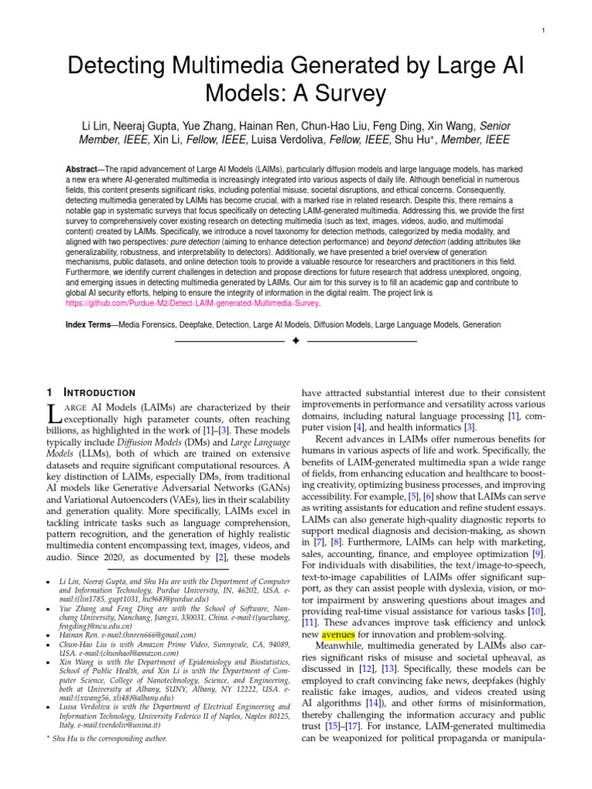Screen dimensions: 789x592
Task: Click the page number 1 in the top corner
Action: coord(544,30)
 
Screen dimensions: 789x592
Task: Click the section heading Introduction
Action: coord(96,392)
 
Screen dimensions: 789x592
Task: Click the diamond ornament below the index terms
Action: coord(295,341)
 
